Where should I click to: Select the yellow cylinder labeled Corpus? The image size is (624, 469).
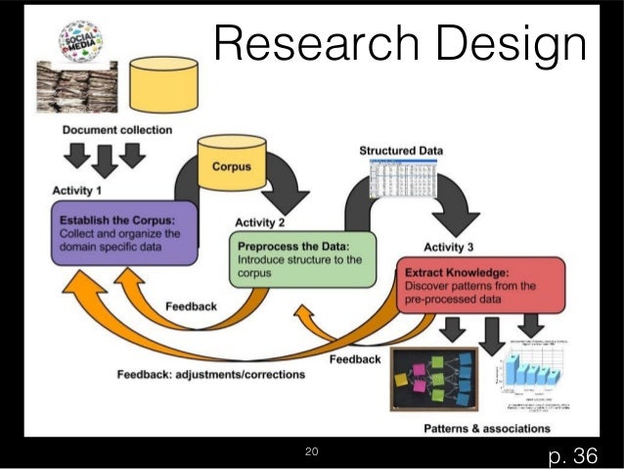(x=231, y=163)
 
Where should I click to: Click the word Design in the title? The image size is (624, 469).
(x=515, y=45)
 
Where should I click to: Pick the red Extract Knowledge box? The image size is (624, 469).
(x=479, y=285)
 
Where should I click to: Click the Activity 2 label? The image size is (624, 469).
(x=260, y=222)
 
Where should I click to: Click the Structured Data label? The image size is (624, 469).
(x=401, y=151)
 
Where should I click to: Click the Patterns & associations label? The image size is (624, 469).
(x=486, y=428)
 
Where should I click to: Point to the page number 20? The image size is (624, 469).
(x=312, y=451)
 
